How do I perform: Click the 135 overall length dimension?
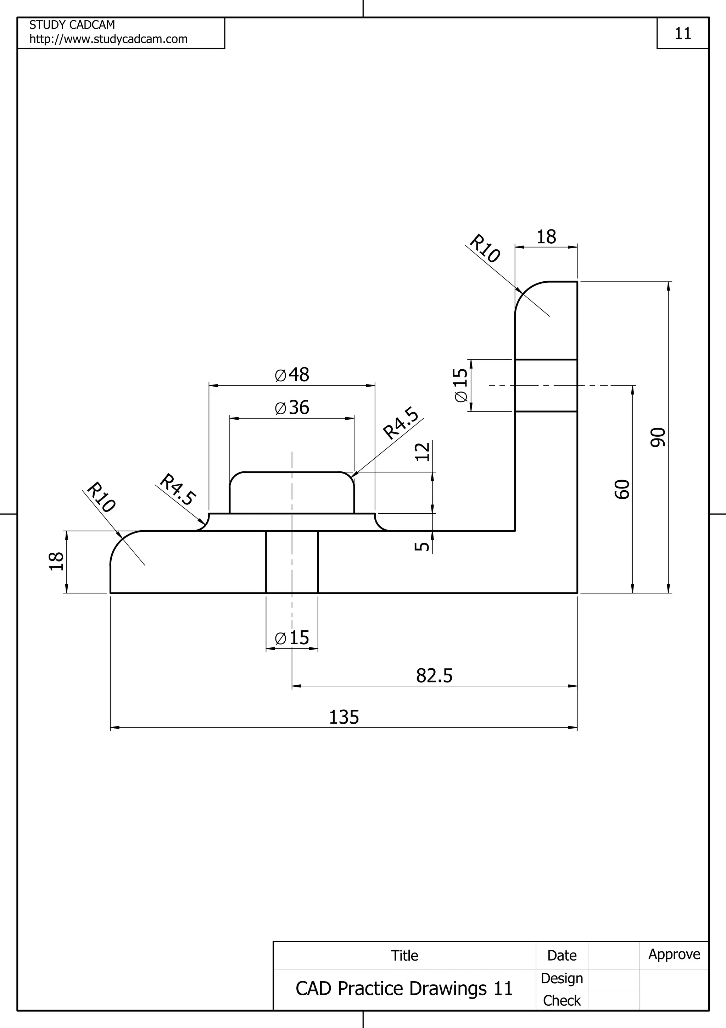pyautogui.click(x=344, y=717)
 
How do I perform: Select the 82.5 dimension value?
pyautogui.click(x=434, y=676)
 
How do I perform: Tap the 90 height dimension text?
pyautogui.click(x=658, y=437)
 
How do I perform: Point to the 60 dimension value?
pyautogui.click(x=622, y=489)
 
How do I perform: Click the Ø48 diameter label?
pyautogui.click(x=292, y=375)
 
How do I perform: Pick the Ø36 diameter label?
pyautogui.click(x=292, y=408)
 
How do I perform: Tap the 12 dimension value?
pyautogui.click(x=422, y=451)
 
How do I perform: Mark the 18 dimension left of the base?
pyautogui.click(x=56, y=562)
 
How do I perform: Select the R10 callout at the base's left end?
pyautogui.click(x=101, y=497)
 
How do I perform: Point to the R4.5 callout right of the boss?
pyautogui.click(x=401, y=423)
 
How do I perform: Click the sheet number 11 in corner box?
pyautogui.click(x=683, y=34)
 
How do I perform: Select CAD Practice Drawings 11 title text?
pyautogui.click(x=404, y=989)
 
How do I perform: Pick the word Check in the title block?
pyautogui.click(x=562, y=1001)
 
